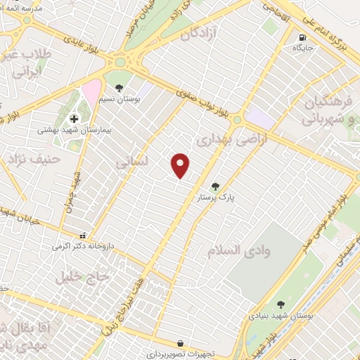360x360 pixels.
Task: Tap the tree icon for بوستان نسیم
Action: tap(119, 89)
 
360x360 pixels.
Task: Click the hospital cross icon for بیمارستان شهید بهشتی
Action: tap(74, 119)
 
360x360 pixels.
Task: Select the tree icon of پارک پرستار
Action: tap(215, 186)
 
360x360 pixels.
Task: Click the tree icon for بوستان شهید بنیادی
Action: tap(281, 304)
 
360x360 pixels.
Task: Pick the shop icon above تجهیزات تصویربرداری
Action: tap(182, 342)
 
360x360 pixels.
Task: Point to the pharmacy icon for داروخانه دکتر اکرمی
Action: tap(84, 236)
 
